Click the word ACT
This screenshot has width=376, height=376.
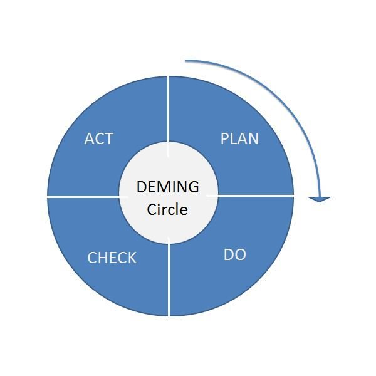(99, 138)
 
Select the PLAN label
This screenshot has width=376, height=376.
(239, 138)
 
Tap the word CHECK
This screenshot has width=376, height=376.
(112, 258)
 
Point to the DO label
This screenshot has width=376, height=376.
(234, 255)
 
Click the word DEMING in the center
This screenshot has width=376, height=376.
(167, 187)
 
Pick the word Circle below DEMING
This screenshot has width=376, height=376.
(167, 209)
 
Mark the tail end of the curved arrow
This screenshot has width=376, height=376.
(187, 61)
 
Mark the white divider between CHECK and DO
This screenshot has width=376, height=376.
(169, 282)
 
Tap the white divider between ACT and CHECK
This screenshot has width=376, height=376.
(81, 196)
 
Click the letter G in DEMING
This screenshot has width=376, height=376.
(193, 187)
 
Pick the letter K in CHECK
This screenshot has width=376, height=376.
(132, 258)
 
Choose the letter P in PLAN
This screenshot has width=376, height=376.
(225, 138)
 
